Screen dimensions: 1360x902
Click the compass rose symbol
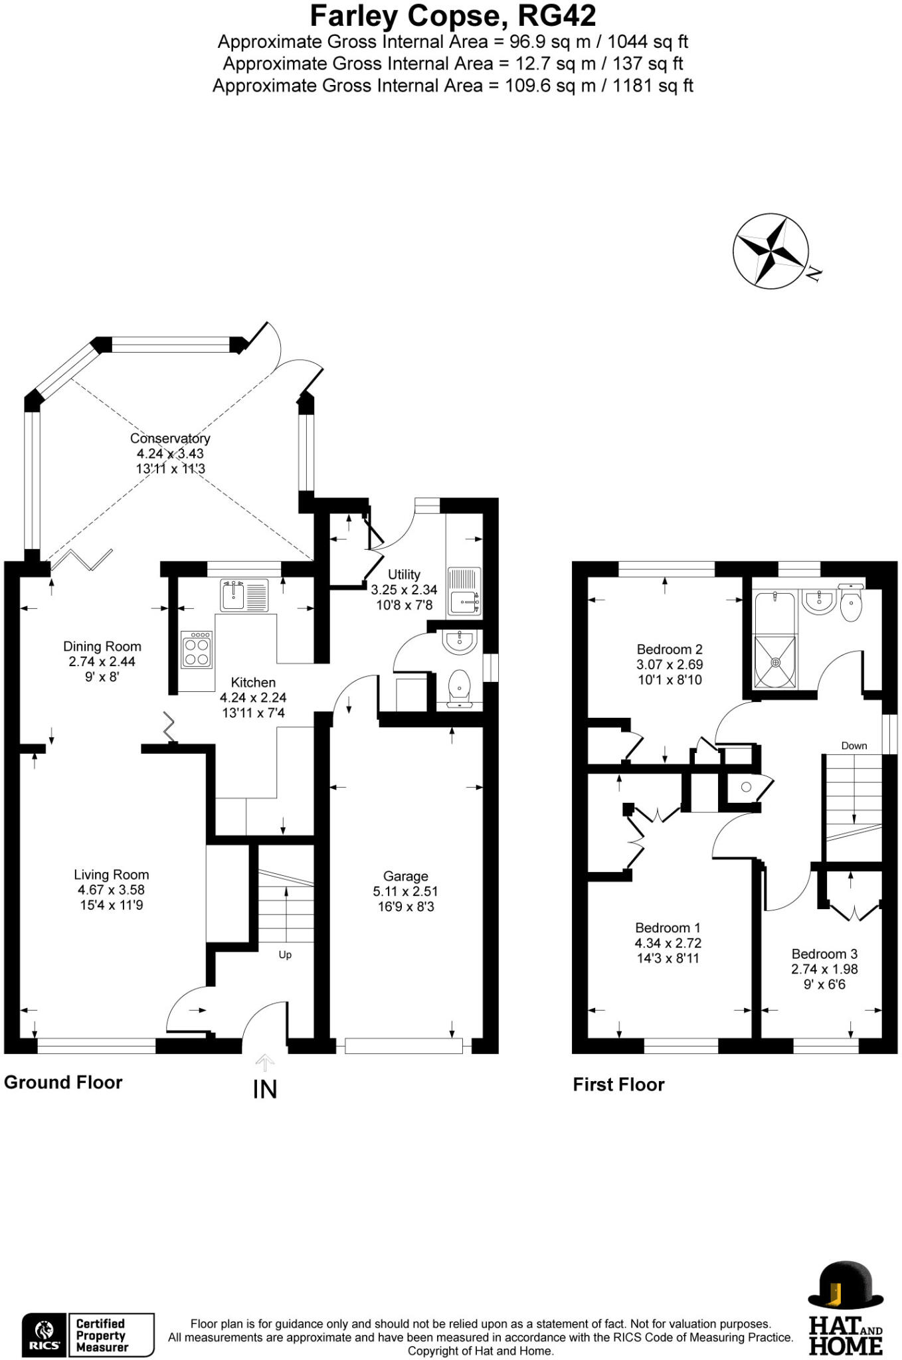point(771,251)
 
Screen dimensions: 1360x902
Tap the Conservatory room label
point(170,438)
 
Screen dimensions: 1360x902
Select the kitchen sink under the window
point(244,595)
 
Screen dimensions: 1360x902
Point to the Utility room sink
point(464,591)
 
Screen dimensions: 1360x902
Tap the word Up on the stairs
point(285,955)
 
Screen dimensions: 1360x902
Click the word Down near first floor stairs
point(854,746)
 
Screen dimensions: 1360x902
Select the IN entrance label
point(265,1090)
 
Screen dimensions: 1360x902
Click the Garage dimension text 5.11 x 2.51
point(405,891)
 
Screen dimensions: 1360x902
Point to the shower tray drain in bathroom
point(774,662)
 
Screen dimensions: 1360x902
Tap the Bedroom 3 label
point(824,954)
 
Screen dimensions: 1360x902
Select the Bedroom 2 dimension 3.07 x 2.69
point(670,665)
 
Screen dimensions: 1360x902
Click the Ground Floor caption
point(63,1082)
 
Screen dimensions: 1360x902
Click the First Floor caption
point(618,1084)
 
